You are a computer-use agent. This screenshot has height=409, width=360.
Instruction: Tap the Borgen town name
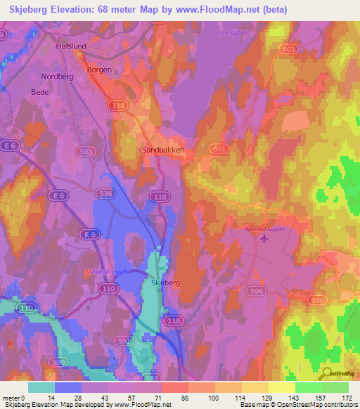pyautogui.click(x=99, y=70)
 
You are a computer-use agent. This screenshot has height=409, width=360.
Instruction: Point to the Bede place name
pyautogui.click(x=40, y=92)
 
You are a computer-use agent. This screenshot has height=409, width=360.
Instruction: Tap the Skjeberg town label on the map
pyautogui.click(x=167, y=283)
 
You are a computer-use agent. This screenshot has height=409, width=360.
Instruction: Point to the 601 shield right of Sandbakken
pyautogui.click(x=219, y=149)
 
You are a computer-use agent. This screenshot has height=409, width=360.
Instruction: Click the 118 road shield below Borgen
pyautogui.click(x=117, y=105)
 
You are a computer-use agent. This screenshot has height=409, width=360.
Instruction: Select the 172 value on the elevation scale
pyautogui.click(x=347, y=398)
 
